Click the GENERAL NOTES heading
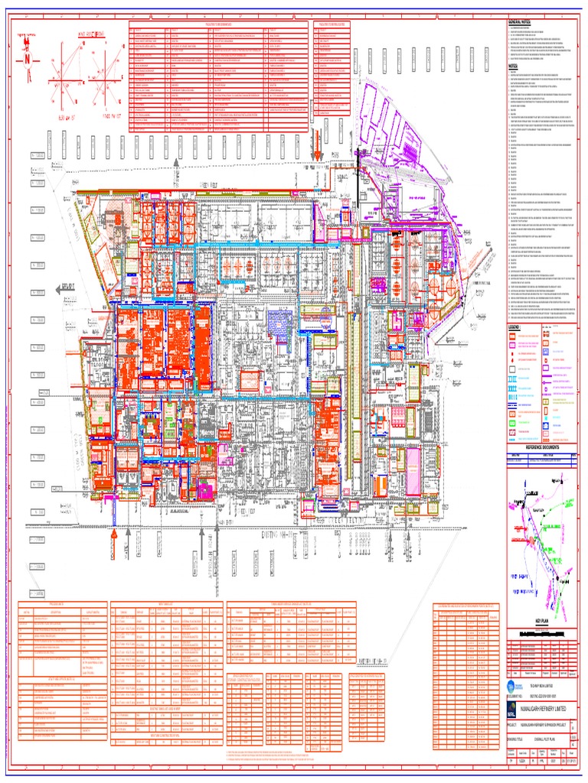(520, 24)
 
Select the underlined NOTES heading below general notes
(513, 66)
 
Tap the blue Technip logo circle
(511, 685)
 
